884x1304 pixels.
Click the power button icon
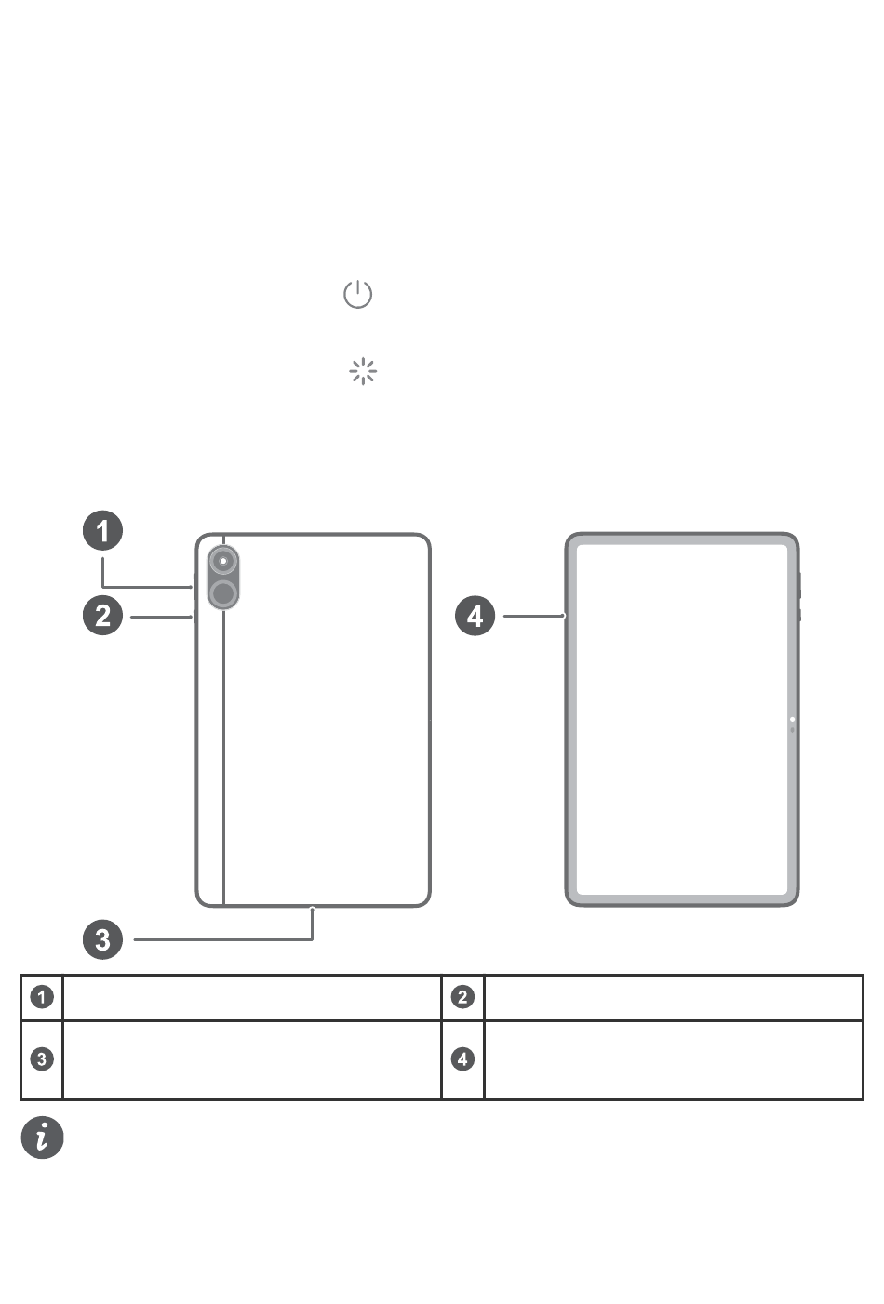(x=358, y=295)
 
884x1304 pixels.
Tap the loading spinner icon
(x=362, y=372)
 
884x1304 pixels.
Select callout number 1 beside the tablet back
(x=102, y=531)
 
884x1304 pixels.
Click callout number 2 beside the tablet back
(x=102, y=615)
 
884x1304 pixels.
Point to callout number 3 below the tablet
(x=102, y=938)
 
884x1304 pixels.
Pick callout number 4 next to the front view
(x=475, y=615)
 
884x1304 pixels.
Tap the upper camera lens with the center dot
(x=223, y=561)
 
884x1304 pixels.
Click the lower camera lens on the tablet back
(x=223, y=593)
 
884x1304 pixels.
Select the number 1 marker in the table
(x=42, y=997)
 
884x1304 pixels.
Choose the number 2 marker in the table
(x=462, y=997)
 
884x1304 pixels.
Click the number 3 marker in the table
(x=42, y=1058)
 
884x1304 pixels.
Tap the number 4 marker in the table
(x=462, y=1058)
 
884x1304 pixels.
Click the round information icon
(x=43, y=1138)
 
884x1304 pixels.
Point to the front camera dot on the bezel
(x=792, y=719)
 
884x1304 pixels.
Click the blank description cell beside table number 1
(x=251, y=997)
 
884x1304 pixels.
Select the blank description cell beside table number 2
(x=673, y=997)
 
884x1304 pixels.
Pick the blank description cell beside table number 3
(x=251, y=1059)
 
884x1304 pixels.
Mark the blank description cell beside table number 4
(x=673, y=1059)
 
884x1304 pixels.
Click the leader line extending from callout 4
(x=533, y=615)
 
